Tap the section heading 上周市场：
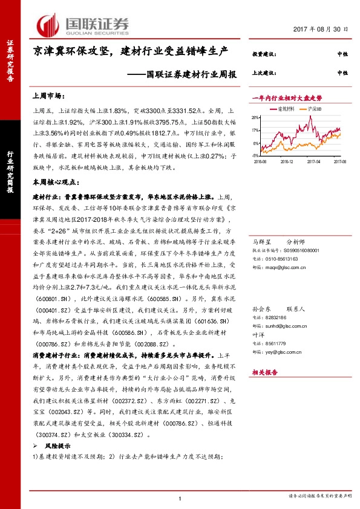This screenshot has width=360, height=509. coord(48,96)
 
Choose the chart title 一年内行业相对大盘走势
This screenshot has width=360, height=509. coord(286,97)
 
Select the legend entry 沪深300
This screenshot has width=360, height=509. coord(314,108)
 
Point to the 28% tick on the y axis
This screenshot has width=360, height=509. coord(257,117)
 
